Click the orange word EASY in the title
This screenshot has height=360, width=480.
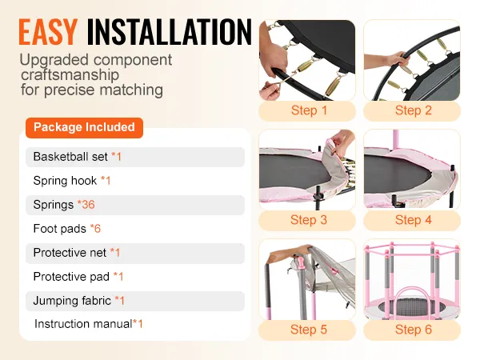click(x=48, y=32)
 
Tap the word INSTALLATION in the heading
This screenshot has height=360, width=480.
click(x=170, y=32)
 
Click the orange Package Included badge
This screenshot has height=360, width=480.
click(x=84, y=127)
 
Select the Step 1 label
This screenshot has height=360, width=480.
click(x=309, y=110)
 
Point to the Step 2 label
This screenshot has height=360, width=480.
click(x=414, y=110)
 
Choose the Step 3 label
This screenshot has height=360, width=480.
click(x=309, y=220)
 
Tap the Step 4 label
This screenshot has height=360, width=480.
click(x=414, y=220)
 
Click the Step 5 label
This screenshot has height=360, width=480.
click(x=309, y=330)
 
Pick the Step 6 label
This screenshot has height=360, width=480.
click(x=414, y=330)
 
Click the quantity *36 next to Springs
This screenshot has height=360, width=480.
click(x=86, y=205)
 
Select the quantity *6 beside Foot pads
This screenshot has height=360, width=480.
click(x=95, y=228)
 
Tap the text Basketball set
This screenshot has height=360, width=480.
click(x=70, y=157)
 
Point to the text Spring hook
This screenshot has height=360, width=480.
click(x=65, y=181)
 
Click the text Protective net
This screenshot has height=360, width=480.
click(x=70, y=253)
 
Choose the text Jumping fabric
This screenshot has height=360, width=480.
click(x=72, y=301)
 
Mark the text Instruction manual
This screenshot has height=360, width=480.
click(x=83, y=323)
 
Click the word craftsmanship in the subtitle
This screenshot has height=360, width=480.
click(x=70, y=75)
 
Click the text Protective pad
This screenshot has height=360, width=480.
click(x=71, y=277)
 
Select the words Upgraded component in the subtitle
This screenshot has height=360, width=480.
click(x=96, y=60)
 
